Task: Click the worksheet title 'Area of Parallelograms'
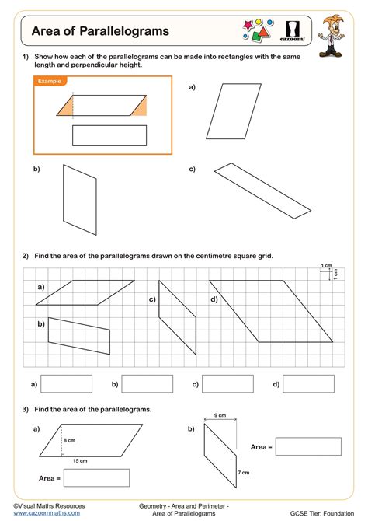[x=100, y=31]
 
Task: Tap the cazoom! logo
[x=293, y=31]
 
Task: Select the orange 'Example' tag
[x=50, y=81]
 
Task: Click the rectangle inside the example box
[x=109, y=135]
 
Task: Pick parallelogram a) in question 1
[x=234, y=111]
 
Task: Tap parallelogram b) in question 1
[x=80, y=200]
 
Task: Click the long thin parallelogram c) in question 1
[x=262, y=191]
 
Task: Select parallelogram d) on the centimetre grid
[x=271, y=311]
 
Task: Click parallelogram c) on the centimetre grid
[x=178, y=317]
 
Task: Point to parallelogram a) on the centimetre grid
[x=85, y=292]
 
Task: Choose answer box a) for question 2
[x=66, y=384]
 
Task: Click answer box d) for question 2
[x=308, y=384]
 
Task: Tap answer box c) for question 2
[x=227, y=384]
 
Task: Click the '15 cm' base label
[x=80, y=461]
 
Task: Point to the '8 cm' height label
[x=69, y=440]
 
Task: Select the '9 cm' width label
[x=220, y=415]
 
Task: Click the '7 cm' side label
[x=244, y=473]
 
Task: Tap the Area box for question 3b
[x=308, y=446]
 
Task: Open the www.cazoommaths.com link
[x=47, y=513]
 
